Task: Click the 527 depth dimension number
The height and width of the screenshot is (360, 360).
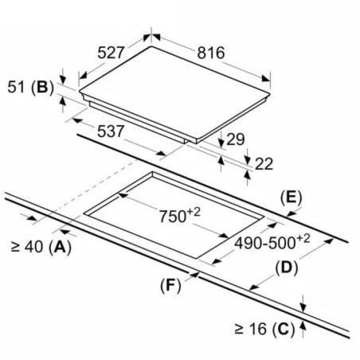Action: point(111,52)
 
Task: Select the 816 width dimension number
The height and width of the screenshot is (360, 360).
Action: point(211,53)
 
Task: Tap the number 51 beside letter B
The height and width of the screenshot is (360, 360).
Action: point(16,87)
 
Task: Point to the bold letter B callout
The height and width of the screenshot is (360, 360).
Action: point(42,87)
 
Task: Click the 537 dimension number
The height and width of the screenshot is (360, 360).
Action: point(110,131)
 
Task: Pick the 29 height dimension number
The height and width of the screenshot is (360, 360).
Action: point(235,139)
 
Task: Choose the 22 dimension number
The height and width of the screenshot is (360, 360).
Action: point(264,164)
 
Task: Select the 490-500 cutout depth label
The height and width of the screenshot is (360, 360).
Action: point(272,242)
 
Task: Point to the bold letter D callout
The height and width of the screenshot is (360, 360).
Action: point(286,268)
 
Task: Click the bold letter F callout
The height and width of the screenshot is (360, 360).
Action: point(171,286)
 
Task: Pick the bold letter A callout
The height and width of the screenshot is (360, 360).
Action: point(60,247)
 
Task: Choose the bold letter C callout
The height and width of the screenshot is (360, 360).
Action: point(283,329)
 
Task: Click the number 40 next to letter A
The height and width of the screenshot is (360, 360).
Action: point(33,247)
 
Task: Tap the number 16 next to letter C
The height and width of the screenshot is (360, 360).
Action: point(257,329)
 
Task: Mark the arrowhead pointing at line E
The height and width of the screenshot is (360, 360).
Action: point(291,214)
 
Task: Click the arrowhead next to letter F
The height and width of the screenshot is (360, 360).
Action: point(194,274)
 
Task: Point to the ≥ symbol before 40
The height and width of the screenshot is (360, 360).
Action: point(15,247)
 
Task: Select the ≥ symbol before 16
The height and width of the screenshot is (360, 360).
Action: point(239,329)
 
